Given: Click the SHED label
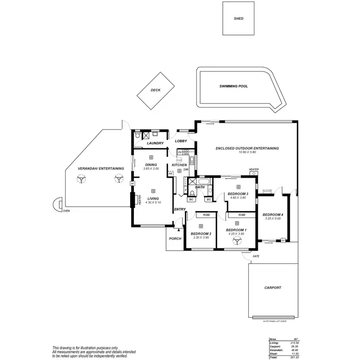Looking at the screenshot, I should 239,19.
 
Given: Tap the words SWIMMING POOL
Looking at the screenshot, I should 234,86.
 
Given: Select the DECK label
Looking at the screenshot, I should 156,90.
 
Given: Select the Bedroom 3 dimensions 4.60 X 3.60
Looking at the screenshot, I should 238,198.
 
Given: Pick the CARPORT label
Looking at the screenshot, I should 273,288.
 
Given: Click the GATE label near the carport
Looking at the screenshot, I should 256,257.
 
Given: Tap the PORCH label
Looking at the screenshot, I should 174,238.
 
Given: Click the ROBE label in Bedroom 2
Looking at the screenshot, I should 206,215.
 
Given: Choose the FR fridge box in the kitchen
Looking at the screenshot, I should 170,173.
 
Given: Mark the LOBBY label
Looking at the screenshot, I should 181,141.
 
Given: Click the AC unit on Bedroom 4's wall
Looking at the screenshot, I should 283,240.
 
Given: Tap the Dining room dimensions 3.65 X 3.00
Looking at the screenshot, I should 151,169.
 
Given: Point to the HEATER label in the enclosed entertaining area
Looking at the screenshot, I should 254,169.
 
